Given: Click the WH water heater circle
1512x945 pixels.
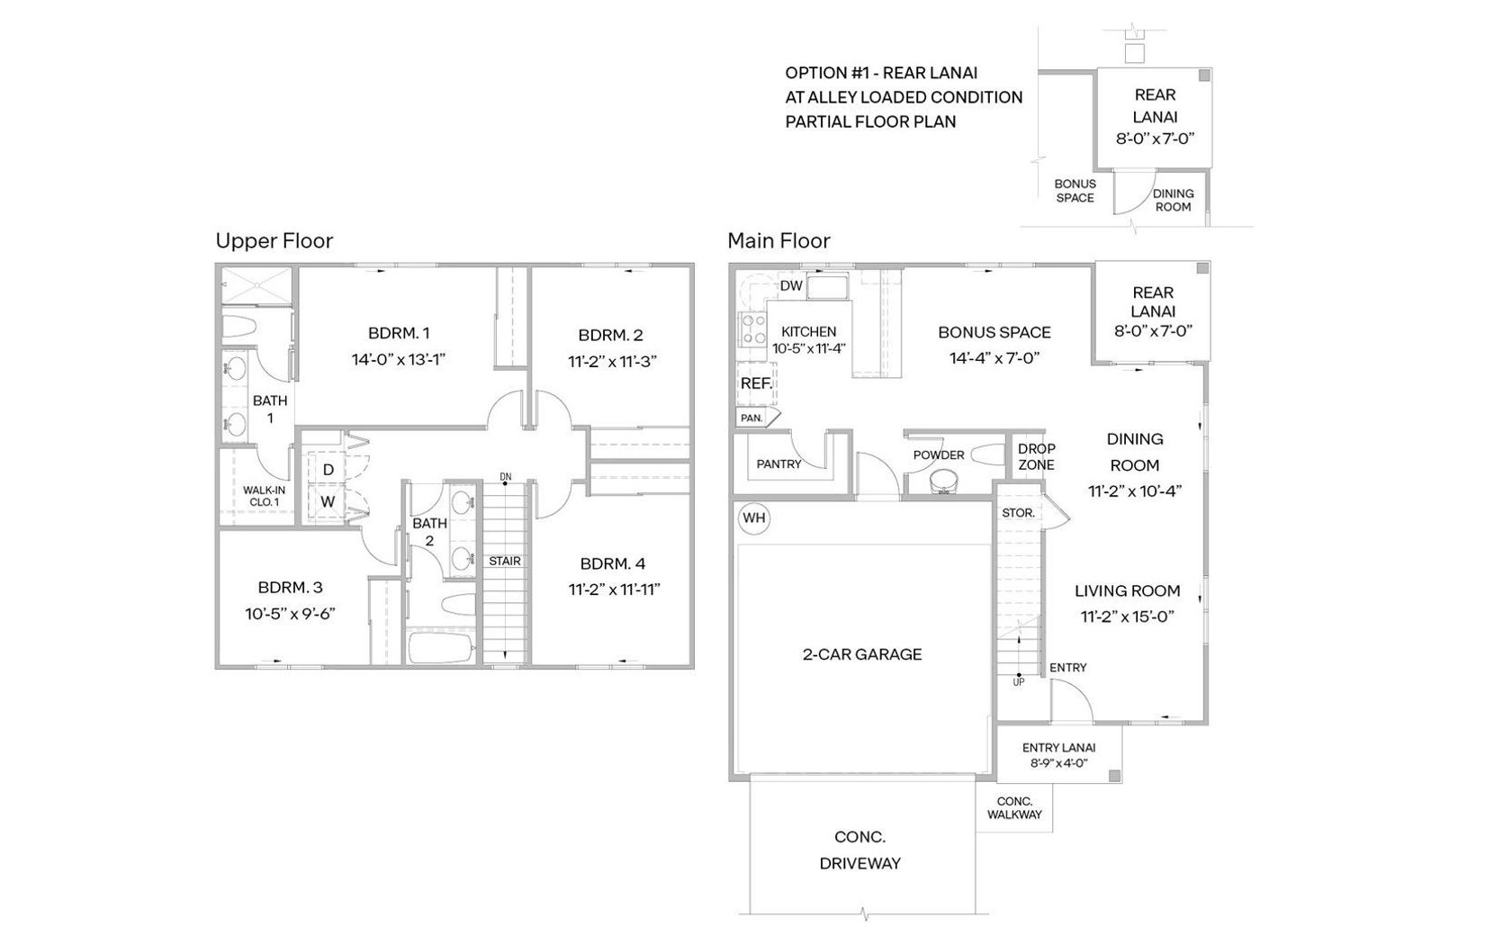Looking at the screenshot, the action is click(753, 518).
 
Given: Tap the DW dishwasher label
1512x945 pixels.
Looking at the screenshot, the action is click(790, 285).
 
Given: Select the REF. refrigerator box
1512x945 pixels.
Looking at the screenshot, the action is click(756, 383).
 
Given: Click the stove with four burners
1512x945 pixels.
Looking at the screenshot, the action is click(753, 328).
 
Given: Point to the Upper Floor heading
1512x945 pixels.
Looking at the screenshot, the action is click(274, 241).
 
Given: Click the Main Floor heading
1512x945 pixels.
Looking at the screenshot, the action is click(778, 241).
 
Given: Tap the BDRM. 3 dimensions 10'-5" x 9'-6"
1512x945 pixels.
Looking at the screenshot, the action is click(290, 614).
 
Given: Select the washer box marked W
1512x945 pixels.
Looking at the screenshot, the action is click(328, 501).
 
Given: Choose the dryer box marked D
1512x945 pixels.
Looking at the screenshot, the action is click(328, 470).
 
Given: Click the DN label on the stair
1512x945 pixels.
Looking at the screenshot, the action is click(506, 477).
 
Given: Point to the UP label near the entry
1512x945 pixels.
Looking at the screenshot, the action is click(1019, 682).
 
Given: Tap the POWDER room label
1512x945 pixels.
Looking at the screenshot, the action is click(938, 455).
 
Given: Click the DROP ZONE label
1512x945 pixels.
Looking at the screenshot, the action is click(1036, 457).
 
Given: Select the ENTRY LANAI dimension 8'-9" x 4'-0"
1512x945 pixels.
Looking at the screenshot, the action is click(1058, 763).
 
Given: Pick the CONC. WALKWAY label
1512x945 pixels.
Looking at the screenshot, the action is click(1014, 808).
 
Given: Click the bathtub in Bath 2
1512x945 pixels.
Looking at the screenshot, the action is click(441, 647).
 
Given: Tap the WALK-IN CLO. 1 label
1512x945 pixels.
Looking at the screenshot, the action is click(264, 496).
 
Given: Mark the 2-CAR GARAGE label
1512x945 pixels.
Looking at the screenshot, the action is click(862, 654).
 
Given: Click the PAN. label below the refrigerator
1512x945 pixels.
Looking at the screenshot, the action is click(751, 418).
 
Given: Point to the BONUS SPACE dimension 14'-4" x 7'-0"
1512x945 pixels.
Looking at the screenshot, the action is click(994, 358).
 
